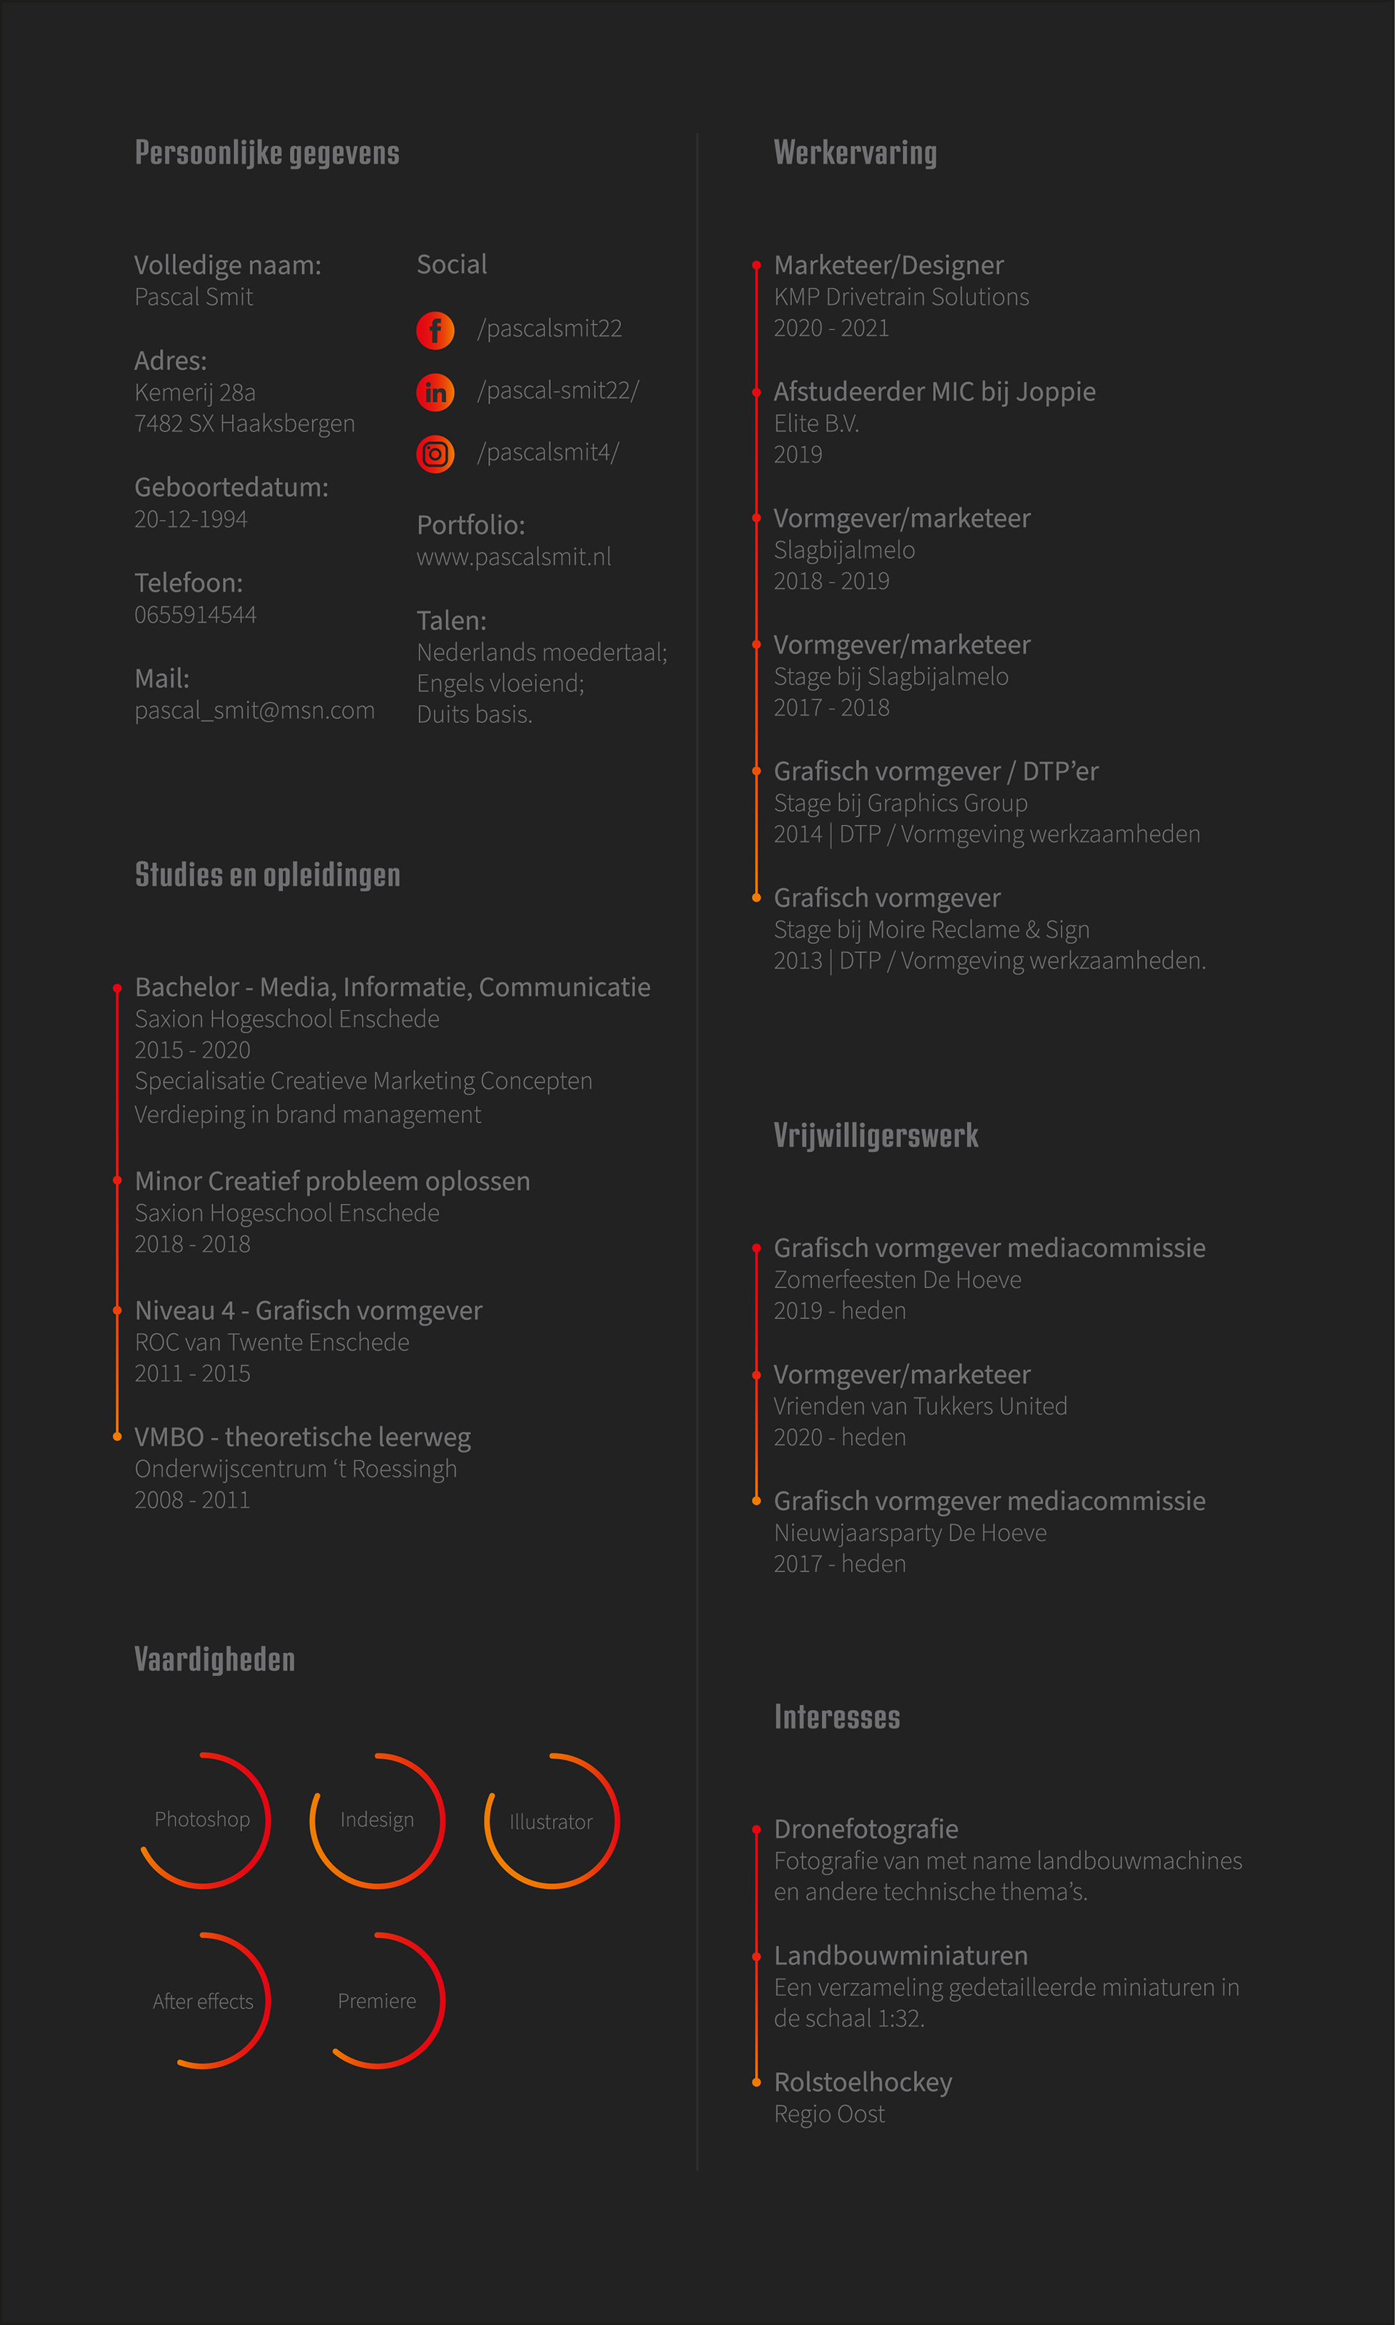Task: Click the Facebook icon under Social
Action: pos(435,330)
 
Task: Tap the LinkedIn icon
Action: pos(435,392)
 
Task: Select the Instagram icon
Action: pos(435,455)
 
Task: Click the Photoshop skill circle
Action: pos(203,1820)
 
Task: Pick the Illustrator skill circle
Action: pos(551,1822)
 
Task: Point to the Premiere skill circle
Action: pos(377,2001)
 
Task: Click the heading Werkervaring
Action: pos(854,153)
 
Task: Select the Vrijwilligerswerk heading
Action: pos(876,1136)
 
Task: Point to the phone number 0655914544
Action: pos(195,615)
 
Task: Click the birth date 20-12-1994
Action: pos(191,520)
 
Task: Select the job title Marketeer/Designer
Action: pos(889,266)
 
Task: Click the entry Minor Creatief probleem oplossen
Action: pos(332,1182)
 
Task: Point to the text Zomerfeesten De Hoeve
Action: pos(897,1281)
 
